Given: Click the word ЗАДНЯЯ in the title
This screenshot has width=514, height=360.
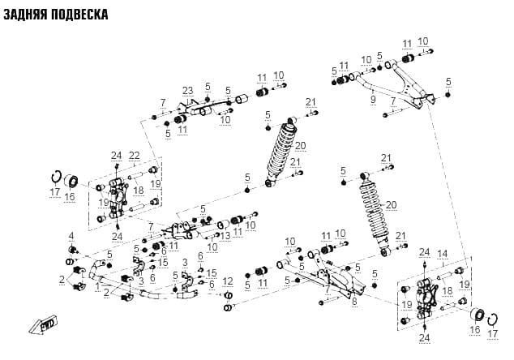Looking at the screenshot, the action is pos(26,15).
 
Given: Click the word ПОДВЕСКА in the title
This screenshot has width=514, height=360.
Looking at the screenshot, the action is pos(80,15).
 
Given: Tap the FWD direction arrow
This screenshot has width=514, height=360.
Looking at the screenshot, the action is pos(43,325).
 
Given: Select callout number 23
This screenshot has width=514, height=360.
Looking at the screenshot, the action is pos(188,91).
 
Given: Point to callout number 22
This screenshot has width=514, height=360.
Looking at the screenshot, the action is pos(135,156).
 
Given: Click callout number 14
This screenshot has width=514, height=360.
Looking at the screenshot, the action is pos(443,254).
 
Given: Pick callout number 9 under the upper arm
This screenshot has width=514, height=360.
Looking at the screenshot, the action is pos(373,100).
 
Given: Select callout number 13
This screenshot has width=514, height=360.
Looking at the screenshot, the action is pos(225,235).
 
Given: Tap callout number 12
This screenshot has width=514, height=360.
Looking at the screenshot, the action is pos(228,281).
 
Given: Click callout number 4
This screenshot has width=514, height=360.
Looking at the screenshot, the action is pos(71,236).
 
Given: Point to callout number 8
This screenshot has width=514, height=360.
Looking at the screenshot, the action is pos(354,302).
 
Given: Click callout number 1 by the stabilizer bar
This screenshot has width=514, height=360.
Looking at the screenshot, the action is pos(97,287).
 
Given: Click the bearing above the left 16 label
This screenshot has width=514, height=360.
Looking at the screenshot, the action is pos(71,182).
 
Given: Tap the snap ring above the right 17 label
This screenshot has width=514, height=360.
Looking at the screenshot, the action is pos(493,320).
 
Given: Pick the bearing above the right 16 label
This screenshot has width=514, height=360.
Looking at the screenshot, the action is pos(478,316).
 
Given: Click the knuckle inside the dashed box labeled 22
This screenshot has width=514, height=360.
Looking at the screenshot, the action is pos(118,198).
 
